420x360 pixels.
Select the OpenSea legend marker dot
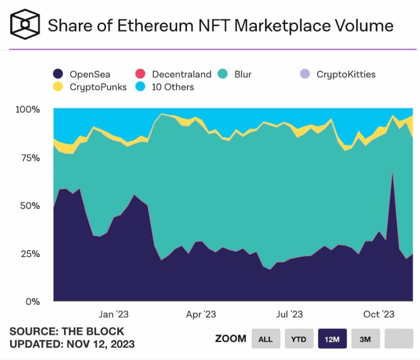click(x=59, y=74)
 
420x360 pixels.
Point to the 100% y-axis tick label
click(x=27, y=110)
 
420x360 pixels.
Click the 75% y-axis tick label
click(x=30, y=157)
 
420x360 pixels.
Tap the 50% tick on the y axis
click(x=30, y=206)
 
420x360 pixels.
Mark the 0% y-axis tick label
click(x=32, y=301)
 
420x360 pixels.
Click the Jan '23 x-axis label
click(x=114, y=314)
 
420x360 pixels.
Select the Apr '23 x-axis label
click(x=201, y=314)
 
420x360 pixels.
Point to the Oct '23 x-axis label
click(x=379, y=314)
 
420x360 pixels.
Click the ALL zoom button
click(x=265, y=339)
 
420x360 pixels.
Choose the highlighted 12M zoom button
click(x=332, y=339)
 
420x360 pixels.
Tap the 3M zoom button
click(x=365, y=339)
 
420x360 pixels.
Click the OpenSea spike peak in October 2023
click(x=393, y=171)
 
